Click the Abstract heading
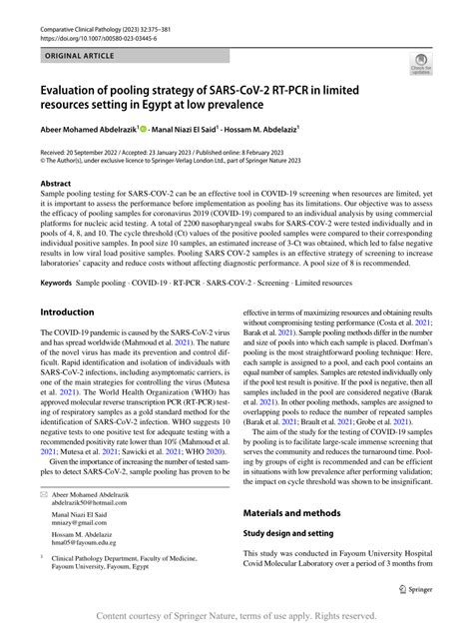[x=55, y=185]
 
